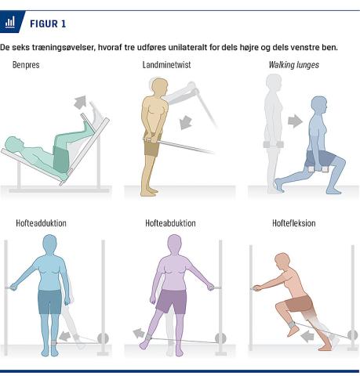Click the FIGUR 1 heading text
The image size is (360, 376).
pyautogui.click(x=48, y=23)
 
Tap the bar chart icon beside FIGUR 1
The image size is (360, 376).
pyautogui.click(x=10, y=22)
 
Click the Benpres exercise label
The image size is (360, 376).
pyautogui.click(x=26, y=65)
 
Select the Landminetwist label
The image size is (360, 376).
pyautogui.click(x=166, y=65)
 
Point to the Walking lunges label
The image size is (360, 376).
pyautogui.click(x=294, y=65)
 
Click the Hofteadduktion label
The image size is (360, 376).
pyautogui.click(x=41, y=223)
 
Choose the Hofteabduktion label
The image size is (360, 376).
pyautogui.click(x=170, y=223)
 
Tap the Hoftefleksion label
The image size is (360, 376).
pyautogui.click(x=294, y=223)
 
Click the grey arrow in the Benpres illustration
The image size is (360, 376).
pyautogui.click(x=81, y=102)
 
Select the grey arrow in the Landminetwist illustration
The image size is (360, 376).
pyautogui.click(x=186, y=123)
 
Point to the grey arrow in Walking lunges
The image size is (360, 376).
pyautogui.click(x=295, y=121)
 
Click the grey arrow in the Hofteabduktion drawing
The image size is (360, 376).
pyautogui.click(x=139, y=334)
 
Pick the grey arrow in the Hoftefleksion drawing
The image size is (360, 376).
pyautogui.click(x=307, y=336)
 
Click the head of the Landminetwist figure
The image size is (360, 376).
pyautogui.click(x=159, y=87)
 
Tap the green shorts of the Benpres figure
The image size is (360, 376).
pyautogui.click(x=61, y=160)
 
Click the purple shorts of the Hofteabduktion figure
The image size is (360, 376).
pyautogui.click(x=172, y=301)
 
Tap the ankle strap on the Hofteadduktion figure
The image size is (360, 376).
pyautogui.click(x=54, y=343)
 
